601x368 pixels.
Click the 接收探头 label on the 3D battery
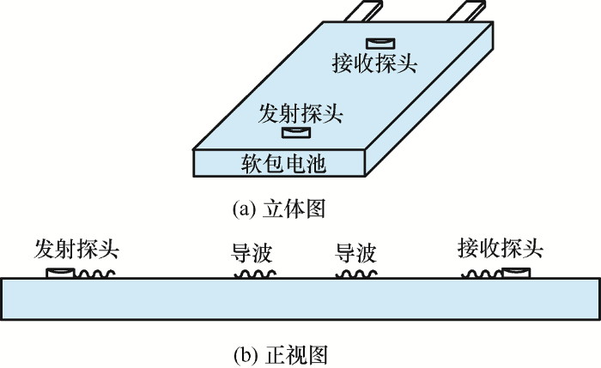coord(374,63)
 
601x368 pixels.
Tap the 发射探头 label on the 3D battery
coord(300,114)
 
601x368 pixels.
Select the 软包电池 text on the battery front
coord(283,164)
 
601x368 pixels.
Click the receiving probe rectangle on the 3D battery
coord(380,43)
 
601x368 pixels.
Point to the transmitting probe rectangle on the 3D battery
coord(296,132)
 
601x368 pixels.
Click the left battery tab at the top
coord(363,11)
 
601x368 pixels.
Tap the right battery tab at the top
coord(466,11)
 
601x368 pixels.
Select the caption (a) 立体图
coord(279,208)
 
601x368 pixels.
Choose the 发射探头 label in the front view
coord(76,249)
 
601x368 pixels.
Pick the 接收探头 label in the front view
coord(501,248)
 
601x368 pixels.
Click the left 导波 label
coord(252,253)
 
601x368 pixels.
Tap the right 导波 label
coord(355,253)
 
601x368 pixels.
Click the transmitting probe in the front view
coord(60,273)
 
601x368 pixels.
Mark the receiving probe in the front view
coord(516,273)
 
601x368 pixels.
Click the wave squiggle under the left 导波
coord(255,274)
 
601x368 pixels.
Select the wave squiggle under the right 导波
coord(357,274)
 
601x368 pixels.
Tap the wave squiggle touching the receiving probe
coord(482,274)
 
